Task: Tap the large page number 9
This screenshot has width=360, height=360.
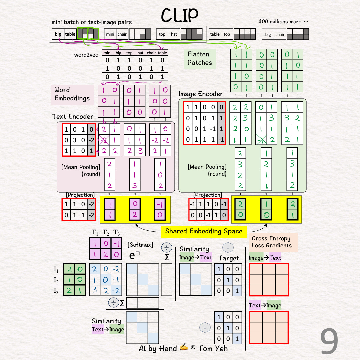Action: (329, 342)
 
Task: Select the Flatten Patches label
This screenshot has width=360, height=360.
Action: (200, 58)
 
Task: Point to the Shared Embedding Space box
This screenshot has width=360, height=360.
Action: (204, 231)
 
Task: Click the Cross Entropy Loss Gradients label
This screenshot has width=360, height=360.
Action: (271, 242)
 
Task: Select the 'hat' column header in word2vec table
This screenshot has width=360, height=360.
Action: (141, 53)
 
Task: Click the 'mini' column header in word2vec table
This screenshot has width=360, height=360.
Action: (107, 53)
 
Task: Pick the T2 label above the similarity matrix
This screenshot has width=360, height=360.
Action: (106, 232)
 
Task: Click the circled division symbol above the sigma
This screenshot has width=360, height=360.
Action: (166, 248)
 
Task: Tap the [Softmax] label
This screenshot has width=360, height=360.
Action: (140, 245)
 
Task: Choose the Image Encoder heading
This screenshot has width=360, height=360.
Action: (200, 94)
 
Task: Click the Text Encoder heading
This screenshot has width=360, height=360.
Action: (73, 116)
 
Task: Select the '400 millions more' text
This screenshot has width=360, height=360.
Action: (283, 22)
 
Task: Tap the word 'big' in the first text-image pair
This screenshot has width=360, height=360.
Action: (58, 34)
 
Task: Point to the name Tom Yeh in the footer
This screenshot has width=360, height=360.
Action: (213, 349)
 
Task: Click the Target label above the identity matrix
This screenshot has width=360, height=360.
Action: (229, 258)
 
